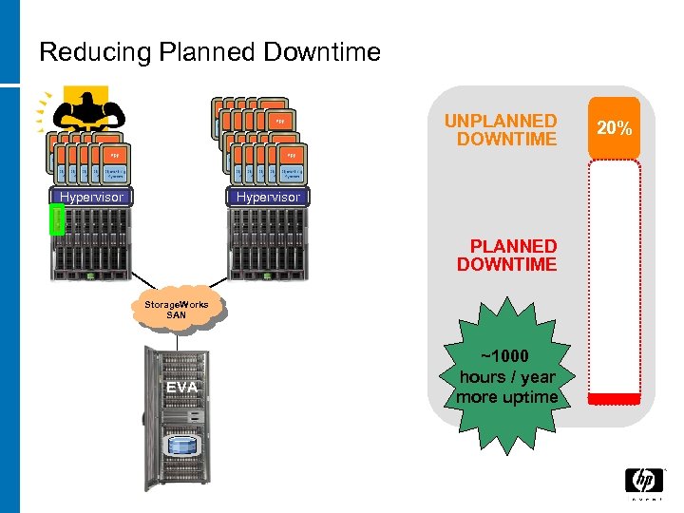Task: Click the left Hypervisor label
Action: coord(91,198)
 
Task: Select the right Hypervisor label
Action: coord(267,198)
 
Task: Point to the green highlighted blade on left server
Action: coord(54,221)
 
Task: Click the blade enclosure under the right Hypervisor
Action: coord(267,243)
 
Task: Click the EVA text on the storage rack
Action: coord(180,387)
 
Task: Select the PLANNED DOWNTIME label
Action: coord(506,255)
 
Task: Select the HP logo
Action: coord(642,483)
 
